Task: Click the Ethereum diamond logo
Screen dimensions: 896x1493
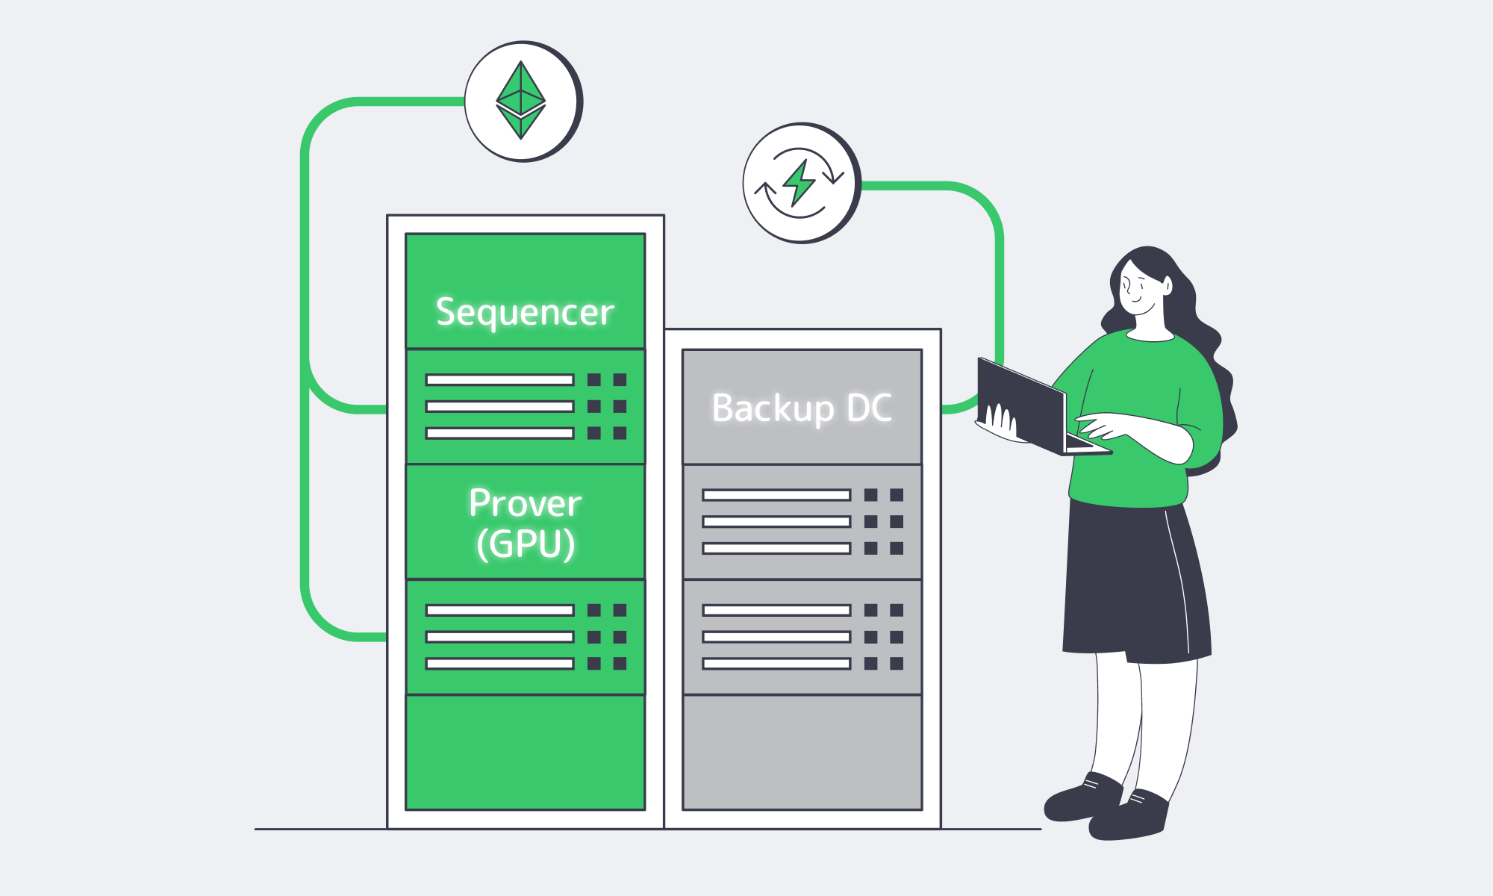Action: tap(520, 100)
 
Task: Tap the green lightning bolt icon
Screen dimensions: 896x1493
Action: tap(799, 182)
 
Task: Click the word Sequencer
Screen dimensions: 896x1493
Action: tap(525, 312)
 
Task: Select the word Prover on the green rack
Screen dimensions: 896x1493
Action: tap(525, 503)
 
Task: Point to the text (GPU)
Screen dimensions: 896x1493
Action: tap(526, 544)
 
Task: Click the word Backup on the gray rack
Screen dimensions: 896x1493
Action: tap(773, 409)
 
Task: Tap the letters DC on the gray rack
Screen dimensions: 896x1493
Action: tap(870, 408)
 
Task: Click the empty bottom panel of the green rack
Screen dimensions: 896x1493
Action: tap(525, 753)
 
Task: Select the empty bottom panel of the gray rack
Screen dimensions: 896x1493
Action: tap(802, 753)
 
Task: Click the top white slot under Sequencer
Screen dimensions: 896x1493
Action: tap(499, 380)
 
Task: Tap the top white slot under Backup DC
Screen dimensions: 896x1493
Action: tap(776, 495)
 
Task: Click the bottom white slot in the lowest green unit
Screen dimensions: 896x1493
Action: tap(499, 664)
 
